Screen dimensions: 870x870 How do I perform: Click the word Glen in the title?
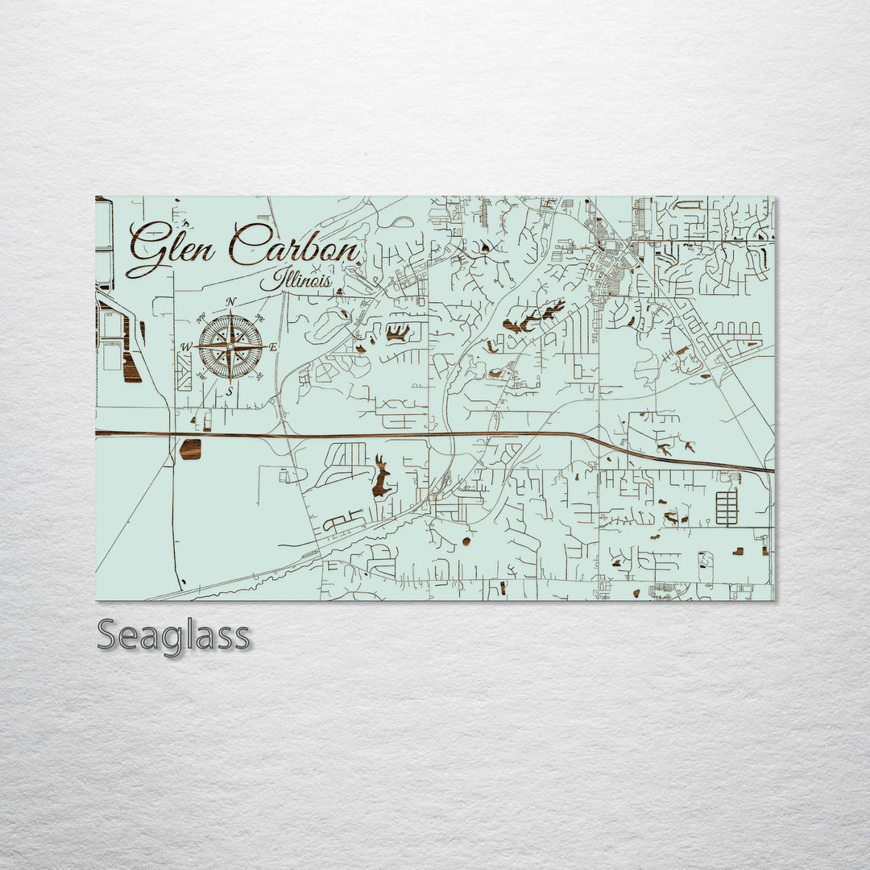coord(171,246)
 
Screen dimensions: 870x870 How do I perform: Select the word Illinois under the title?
coord(296,281)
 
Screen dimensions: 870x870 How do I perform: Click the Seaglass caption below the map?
coord(173,636)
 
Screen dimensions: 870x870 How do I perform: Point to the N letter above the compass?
coord(231,302)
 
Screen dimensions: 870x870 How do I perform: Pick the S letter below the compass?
coord(230,391)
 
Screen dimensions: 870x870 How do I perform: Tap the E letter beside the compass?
coord(273,347)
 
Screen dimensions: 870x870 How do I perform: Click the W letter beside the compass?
coord(186,347)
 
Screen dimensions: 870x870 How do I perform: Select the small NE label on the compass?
coord(259,317)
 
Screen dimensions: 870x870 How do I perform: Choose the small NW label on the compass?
coord(202,317)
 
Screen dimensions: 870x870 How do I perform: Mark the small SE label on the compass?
coord(260,376)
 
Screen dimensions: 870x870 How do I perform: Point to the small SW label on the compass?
coord(201,376)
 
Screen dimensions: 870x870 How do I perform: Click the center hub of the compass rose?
coord(230,347)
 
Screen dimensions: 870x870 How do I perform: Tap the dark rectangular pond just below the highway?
coord(190,449)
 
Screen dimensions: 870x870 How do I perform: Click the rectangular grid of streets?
coord(727,508)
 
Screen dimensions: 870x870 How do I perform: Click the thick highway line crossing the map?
coord(435,434)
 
